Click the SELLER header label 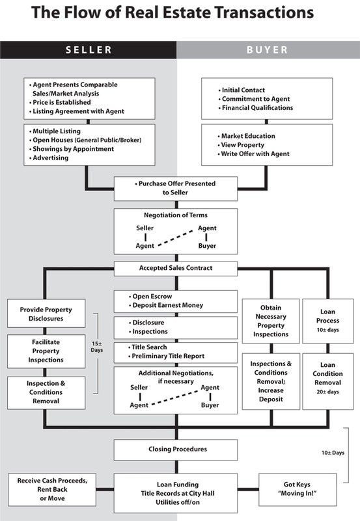click(x=89, y=50)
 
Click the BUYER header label click(x=267, y=50)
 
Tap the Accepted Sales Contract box click(x=176, y=269)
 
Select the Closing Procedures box click(x=176, y=449)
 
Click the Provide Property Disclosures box click(x=46, y=314)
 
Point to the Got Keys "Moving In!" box click(x=298, y=489)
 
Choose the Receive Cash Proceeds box click(x=52, y=489)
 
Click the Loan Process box click(x=327, y=321)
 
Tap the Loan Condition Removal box click(x=327, y=381)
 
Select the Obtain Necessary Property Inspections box click(x=271, y=321)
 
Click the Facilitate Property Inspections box click(x=46, y=351)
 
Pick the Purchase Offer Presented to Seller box click(x=176, y=189)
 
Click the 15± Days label click(x=97, y=347)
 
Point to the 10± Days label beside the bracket click(x=333, y=453)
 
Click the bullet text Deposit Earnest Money click(x=167, y=305)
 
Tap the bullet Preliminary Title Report click(x=168, y=356)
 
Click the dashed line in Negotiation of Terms click(x=176, y=237)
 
